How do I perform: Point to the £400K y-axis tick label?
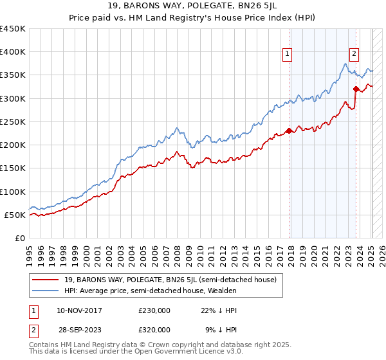tap(13, 52)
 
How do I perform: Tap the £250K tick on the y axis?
tap(13, 122)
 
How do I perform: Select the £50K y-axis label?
tap(15, 215)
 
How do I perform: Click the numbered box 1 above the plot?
tap(286, 54)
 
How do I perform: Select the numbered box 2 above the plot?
tap(354, 54)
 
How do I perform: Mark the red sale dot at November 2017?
tap(289, 130)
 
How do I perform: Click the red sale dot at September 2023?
tap(356, 89)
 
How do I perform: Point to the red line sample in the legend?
tap(45, 280)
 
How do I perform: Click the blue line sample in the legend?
tap(45, 291)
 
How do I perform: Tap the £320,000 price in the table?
tap(154, 329)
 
